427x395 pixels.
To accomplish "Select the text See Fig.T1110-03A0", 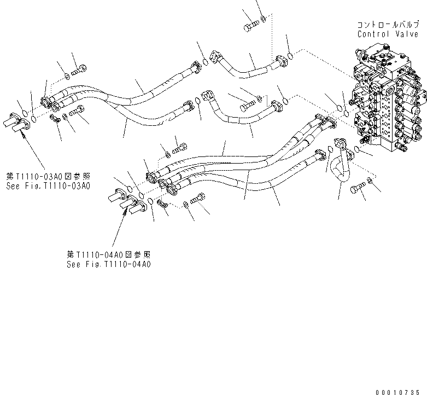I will point(48,185).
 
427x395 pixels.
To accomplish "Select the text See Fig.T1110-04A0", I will point(109,264).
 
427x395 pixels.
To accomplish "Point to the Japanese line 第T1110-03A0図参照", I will point(48,176).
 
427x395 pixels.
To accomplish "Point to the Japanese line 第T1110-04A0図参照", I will point(109,254).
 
